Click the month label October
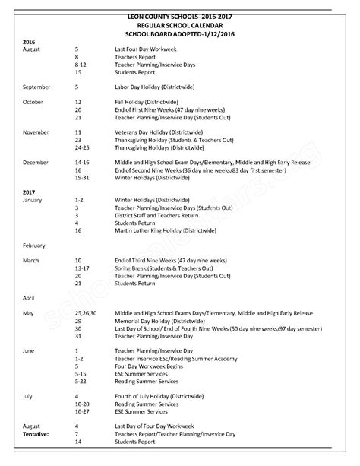click(33, 102)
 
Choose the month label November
click(36, 132)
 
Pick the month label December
click(36, 162)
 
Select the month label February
click(35, 246)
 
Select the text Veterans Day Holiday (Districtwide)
click(158, 132)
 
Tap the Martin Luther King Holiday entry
click(161, 230)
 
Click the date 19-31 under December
click(83, 177)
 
